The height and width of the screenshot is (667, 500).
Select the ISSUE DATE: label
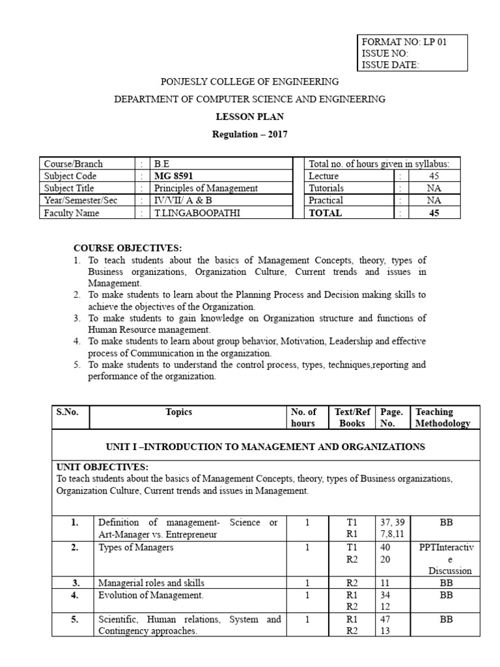click(391, 64)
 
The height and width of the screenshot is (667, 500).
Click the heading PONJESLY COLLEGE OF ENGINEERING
click(250, 82)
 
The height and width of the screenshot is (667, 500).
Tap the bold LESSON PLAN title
click(250, 117)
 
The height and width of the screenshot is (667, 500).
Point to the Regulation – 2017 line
click(250, 135)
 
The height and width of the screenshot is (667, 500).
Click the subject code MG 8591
click(173, 176)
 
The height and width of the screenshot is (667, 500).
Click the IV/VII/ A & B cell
click(183, 201)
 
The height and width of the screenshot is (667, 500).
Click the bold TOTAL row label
click(325, 213)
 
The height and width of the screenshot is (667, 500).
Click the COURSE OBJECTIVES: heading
click(128, 248)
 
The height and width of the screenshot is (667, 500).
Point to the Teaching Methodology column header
click(443, 417)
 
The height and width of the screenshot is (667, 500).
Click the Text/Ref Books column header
click(352, 417)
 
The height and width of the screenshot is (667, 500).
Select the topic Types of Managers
click(136, 548)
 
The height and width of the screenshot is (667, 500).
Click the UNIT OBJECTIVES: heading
click(102, 467)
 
